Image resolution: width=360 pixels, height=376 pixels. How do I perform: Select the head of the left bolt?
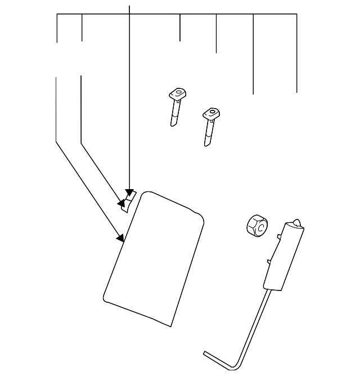pos(178,93)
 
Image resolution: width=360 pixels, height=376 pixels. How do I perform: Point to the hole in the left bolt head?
pos(179,92)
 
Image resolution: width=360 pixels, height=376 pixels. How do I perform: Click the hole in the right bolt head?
pos(212,113)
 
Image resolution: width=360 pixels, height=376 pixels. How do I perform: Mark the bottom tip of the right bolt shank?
pos(206,145)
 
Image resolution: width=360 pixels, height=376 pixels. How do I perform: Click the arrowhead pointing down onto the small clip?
pos(129,193)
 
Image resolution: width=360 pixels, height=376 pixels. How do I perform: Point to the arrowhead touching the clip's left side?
pos(120,202)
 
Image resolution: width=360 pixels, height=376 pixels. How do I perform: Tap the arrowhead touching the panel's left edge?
pos(120,238)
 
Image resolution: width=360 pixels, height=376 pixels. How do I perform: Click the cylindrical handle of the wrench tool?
pos(283,256)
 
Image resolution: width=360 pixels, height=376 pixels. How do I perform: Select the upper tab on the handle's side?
pos(279,238)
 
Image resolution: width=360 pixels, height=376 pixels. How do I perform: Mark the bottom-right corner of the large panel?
pos(170,326)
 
